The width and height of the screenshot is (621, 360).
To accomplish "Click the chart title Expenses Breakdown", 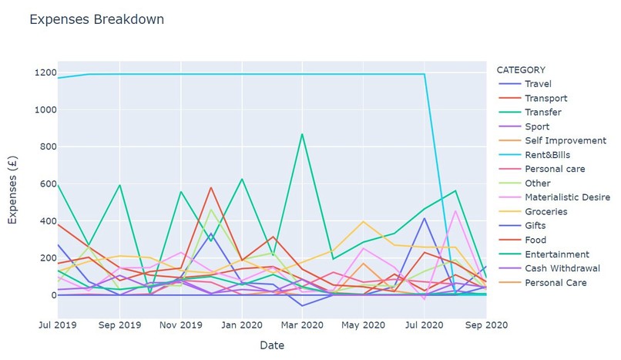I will click(96, 20).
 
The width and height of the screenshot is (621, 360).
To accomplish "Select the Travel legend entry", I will click(537, 84).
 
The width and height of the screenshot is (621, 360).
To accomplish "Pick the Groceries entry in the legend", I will click(545, 211).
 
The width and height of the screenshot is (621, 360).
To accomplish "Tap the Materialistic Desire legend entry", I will click(562, 197).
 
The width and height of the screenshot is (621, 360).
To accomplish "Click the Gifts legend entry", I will click(535, 226).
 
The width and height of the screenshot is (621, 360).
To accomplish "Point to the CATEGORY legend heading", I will click(521, 69).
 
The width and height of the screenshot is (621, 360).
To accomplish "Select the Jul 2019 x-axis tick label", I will click(58, 325).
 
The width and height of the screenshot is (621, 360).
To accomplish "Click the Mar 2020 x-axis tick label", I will click(301, 325).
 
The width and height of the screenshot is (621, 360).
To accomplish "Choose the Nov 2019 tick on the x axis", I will click(180, 325).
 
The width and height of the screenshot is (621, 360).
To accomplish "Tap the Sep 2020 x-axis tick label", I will click(485, 325).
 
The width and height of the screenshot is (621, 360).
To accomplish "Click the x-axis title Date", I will click(271, 345).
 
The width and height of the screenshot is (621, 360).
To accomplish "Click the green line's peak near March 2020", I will click(302, 134).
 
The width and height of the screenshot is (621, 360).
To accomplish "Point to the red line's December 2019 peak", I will click(211, 187).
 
